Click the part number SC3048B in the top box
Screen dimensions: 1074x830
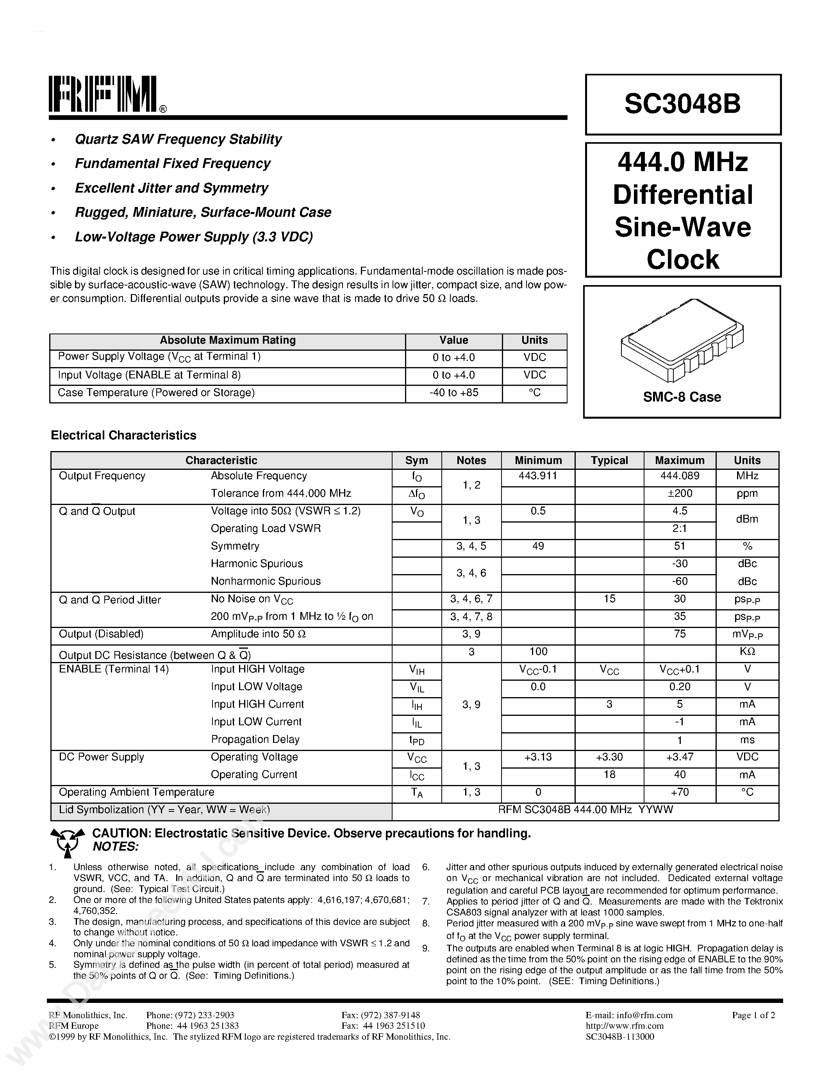[x=682, y=104]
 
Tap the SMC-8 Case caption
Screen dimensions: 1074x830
[x=682, y=397]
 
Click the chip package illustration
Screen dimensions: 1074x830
[x=682, y=340]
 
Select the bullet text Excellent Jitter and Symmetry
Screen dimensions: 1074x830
[x=171, y=188]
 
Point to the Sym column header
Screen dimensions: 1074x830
[x=416, y=460]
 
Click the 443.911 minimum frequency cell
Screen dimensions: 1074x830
[x=538, y=476]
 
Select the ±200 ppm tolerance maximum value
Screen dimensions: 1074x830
[x=680, y=494]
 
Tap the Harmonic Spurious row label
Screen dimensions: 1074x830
[x=257, y=564]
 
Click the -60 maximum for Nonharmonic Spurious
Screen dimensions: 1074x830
[x=680, y=581]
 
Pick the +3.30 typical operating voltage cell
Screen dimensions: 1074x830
[x=609, y=757]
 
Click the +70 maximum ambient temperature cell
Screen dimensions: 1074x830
[x=680, y=792]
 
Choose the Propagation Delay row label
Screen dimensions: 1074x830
[x=255, y=740]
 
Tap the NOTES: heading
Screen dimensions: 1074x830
[x=116, y=847]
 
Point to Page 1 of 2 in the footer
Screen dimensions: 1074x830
[x=753, y=1015]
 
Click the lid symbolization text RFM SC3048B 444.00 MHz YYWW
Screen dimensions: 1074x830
[x=585, y=810]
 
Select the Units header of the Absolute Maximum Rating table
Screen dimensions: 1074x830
[x=534, y=340]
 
